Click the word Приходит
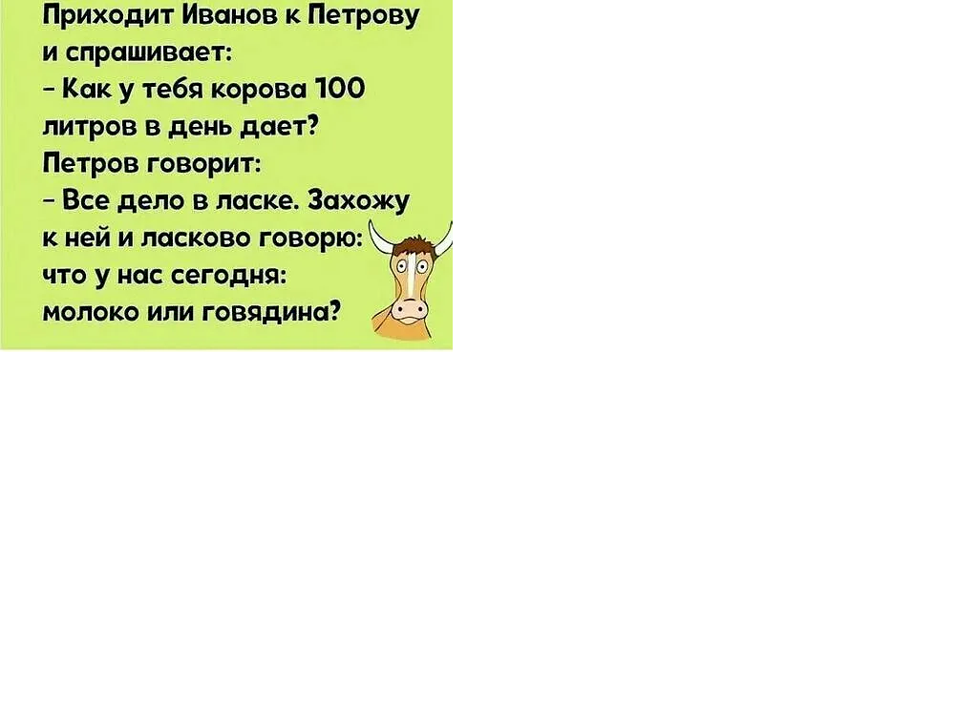pos(107,15)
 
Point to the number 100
pos(341,89)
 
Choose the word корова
pos(261,91)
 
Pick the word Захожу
pos(359,201)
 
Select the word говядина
pos(267,313)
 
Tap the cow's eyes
pos(412,268)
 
